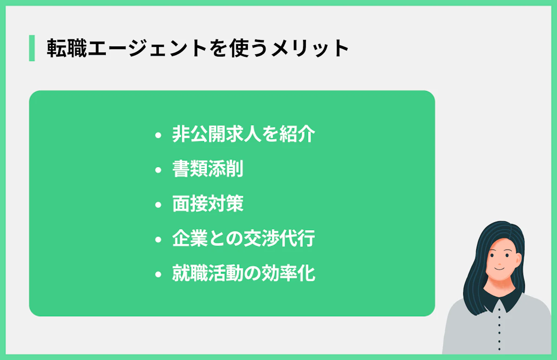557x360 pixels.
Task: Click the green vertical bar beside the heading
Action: point(32,48)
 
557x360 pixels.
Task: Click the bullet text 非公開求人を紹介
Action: point(244,135)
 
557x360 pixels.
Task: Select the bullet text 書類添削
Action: point(207,170)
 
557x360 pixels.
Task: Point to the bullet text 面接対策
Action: point(207,205)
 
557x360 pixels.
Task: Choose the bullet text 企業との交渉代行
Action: point(244,239)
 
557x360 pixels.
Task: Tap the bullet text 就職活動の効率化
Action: point(244,274)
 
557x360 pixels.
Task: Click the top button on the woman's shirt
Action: point(500,309)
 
